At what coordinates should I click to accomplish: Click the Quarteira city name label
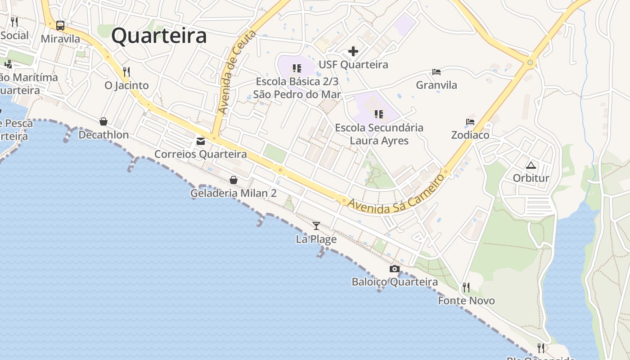click(x=159, y=36)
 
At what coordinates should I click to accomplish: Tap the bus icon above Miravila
click(x=60, y=26)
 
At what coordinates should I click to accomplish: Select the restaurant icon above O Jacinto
click(x=126, y=72)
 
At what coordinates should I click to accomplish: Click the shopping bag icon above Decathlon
click(x=103, y=121)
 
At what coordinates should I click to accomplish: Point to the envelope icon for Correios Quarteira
click(x=200, y=141)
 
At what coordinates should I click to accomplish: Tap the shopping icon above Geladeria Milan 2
click(x=234, y=180)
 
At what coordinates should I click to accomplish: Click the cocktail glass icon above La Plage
click(x=316, y=225)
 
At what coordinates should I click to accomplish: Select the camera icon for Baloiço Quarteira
click(x=394, y=269)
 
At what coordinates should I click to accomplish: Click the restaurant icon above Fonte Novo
click(x=466, y=287)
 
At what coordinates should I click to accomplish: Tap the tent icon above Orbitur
click(x=531, y=165)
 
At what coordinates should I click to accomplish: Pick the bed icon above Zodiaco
click(x=470, y=122)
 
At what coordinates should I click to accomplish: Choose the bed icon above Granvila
click(x=436, y=72)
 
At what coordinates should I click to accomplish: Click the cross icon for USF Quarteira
click(x=353, y=51)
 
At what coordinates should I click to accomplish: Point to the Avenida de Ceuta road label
click(x=237, y=72)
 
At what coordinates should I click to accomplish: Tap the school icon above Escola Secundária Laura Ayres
click(x=379, y=114)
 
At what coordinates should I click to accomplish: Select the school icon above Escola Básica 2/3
click(x=297, y=68)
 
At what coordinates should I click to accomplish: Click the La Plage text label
click(x=316, y=239)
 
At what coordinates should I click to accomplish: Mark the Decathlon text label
click(x=103, y=135)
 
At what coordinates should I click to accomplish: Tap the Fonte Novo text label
click(x=466, y=301)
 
